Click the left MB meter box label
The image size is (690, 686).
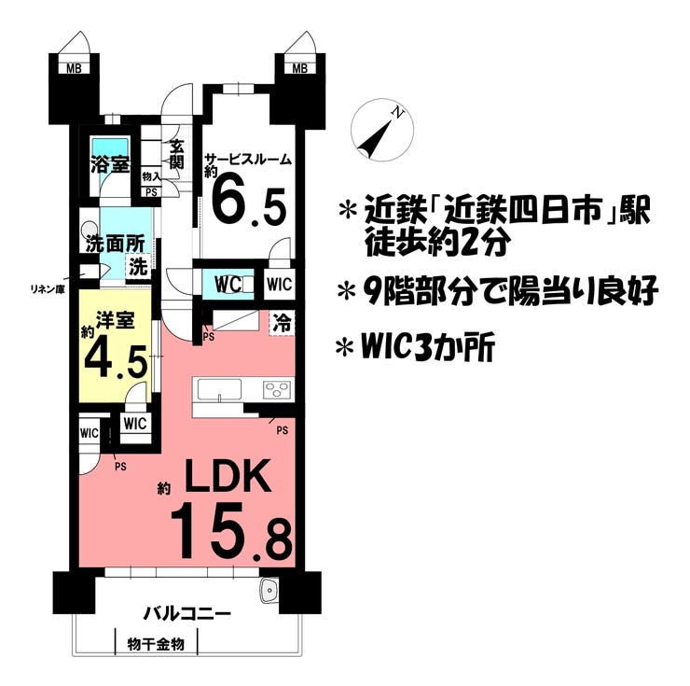click(74, 68)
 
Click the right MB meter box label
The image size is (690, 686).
click(300, 68)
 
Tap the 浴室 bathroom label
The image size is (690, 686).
click(110, 164)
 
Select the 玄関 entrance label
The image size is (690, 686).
click(176, 155)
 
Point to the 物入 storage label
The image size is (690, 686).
click(151, 176)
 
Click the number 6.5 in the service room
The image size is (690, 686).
click(249, 204)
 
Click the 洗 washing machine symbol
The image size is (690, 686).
click(137, 266)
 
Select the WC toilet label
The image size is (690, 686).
click(228, 284)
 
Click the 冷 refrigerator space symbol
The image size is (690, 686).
click(282, 323)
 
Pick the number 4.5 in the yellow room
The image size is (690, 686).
click(116, 361)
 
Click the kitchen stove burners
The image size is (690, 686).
click(277, 390)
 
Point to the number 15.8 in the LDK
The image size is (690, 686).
click(231, 539)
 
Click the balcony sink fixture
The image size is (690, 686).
click(268, 590)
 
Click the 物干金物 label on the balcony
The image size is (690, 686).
click(156, 645)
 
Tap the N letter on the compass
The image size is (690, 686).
click(398, 113)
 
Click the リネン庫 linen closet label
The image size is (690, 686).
click(47, 289)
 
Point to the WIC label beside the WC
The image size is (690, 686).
click(279, 284)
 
